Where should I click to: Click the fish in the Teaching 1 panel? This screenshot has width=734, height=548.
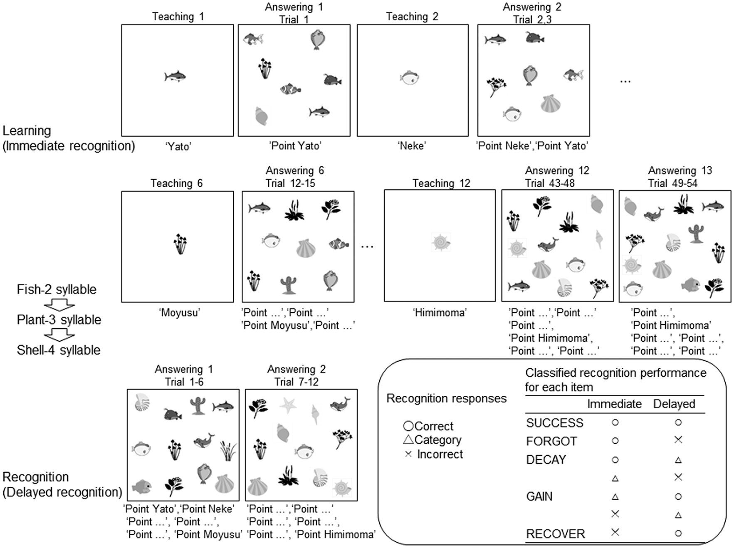click(x=175, y=77)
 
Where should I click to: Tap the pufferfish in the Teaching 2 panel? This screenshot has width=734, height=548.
click(x=410, y=77)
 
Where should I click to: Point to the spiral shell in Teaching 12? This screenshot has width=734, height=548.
click(x=441, y=242)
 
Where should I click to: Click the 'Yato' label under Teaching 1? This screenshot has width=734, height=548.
click(x=178, y=146)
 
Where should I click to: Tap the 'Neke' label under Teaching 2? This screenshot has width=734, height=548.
click(x=412, y=146)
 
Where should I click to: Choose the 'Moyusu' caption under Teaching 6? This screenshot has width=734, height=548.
click(x=180, y=313)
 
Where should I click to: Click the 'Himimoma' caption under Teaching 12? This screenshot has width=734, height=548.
click(x=440, y=313)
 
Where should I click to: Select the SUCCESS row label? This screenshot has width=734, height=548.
click(x=555, y=423)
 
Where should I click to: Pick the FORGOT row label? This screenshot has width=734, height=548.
click(x=551, y=442)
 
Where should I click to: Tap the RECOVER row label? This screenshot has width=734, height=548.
click(x=556, y=534)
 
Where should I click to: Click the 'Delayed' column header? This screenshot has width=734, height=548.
click(x=674, y=404)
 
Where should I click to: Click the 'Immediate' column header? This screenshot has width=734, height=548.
click(x=614, y=404)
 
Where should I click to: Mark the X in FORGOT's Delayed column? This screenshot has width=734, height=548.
click(x=678, y=440)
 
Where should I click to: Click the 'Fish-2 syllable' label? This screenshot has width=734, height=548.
click(x=57, y=289)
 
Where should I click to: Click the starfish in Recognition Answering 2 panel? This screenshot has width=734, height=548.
click(x=288, y=405)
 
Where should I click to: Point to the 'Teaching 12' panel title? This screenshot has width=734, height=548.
click(x=441, y=183)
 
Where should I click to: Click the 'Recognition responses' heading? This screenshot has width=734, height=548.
click(x=447, y=399)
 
